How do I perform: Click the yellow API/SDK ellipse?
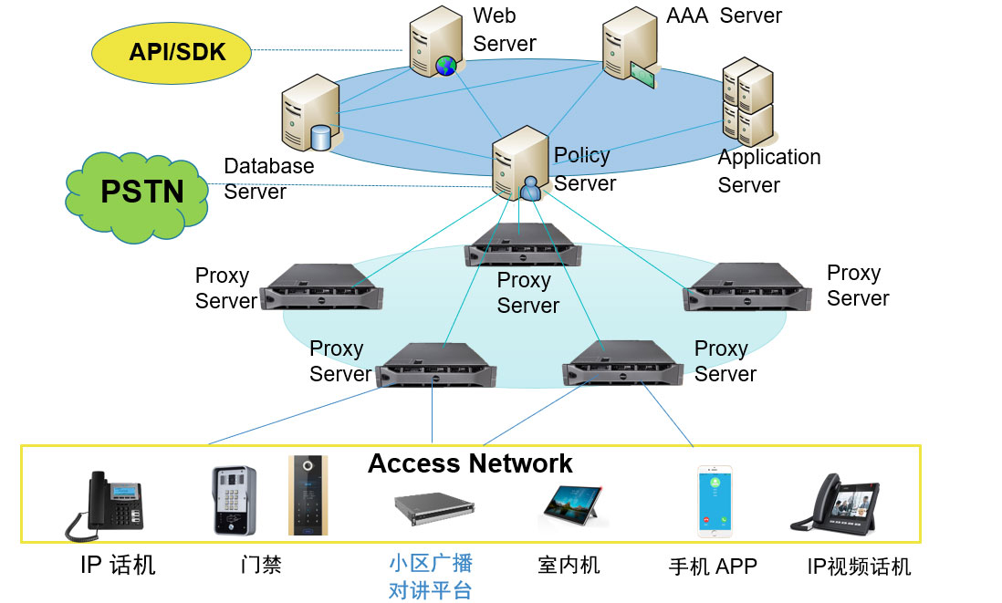click(172, 51)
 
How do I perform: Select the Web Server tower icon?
click(434, 43)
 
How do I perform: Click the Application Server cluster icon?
click(747, 99)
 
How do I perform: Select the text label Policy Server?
click(584, 169)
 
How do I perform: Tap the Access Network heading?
click(470, 463)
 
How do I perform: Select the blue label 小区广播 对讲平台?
click(431, 577)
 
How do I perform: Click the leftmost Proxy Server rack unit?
click(321, 286)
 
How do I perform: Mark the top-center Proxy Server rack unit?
click(522, 244)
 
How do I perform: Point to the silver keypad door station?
click(235, 500)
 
